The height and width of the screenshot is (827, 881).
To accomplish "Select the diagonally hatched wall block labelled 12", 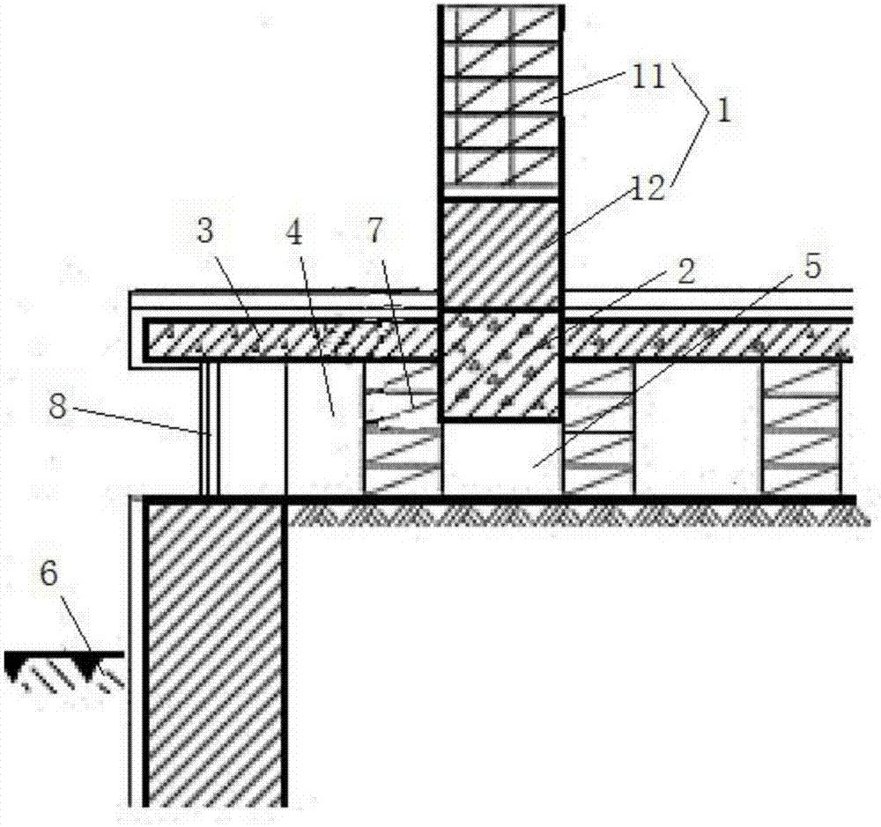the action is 500,255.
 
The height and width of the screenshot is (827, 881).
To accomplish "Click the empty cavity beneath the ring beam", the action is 500,458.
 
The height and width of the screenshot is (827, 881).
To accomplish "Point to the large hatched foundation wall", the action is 215,652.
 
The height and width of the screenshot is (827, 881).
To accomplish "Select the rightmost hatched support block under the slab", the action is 802,428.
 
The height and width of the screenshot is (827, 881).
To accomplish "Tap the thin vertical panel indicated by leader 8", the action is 207,428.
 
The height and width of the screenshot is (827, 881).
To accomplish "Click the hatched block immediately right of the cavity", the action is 598,428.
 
